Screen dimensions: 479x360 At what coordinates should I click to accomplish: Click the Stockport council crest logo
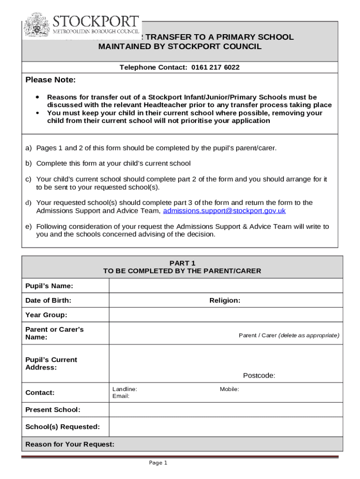37,25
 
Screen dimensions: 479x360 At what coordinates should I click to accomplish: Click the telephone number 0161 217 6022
215,67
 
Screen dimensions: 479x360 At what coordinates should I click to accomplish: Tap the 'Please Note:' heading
50,80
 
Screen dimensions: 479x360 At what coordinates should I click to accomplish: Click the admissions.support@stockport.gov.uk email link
224,211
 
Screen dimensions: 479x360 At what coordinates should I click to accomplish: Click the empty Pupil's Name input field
225,286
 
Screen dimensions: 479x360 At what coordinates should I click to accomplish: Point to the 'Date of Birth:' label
48,300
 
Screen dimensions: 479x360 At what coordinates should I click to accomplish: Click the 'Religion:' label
225,300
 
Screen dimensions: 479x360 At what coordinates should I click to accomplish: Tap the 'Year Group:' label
46,315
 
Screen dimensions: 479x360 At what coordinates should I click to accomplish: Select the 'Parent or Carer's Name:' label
54,333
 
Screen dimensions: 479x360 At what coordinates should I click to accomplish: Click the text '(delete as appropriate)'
309,335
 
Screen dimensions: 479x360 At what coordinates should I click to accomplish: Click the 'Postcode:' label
259,375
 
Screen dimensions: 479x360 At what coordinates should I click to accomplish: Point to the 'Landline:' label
124,389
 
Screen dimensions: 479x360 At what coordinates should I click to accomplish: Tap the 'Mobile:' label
230,389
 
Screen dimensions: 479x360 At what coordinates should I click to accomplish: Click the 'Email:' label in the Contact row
121,396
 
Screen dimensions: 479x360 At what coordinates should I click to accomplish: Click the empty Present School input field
225,410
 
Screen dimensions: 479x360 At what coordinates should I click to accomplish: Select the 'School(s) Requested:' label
62,427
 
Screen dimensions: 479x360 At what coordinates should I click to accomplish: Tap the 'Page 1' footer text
158,463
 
